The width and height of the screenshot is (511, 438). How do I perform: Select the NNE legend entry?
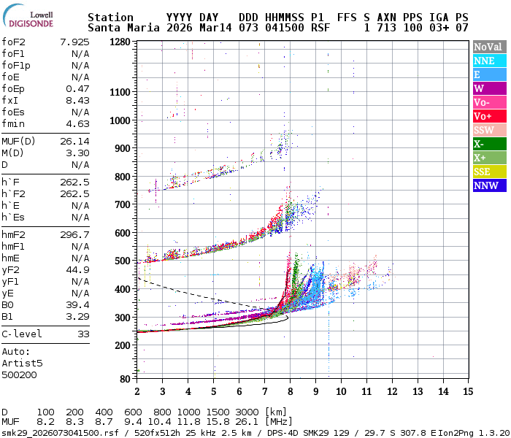pyautogui.click(x=483, y=61)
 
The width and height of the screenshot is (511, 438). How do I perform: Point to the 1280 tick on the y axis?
pyautogui.click(x=120, y=42)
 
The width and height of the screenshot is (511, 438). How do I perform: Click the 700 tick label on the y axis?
pyautogui.click(x=120, y=205)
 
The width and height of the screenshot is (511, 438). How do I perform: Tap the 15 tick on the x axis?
pyautogui.click(x=467, y=391)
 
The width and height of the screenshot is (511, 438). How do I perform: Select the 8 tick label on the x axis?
pyautogui.click(x=290, y=391)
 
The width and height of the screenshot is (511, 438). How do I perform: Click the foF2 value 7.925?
pyautogui.click(x=74, y=42)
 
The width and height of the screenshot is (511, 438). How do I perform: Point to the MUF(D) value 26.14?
pyautogui.click(x=74, y=141)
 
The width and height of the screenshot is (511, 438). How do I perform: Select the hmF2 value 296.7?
pyautogui.click(x=74, y=234)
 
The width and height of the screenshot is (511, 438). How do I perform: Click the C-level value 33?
pyautogui.click(x=83, y=334)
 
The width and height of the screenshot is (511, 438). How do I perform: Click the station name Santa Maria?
pyautogui.click(x=117, y=28)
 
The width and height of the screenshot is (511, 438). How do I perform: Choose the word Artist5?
pyautogui.click(x=22, y=363)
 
